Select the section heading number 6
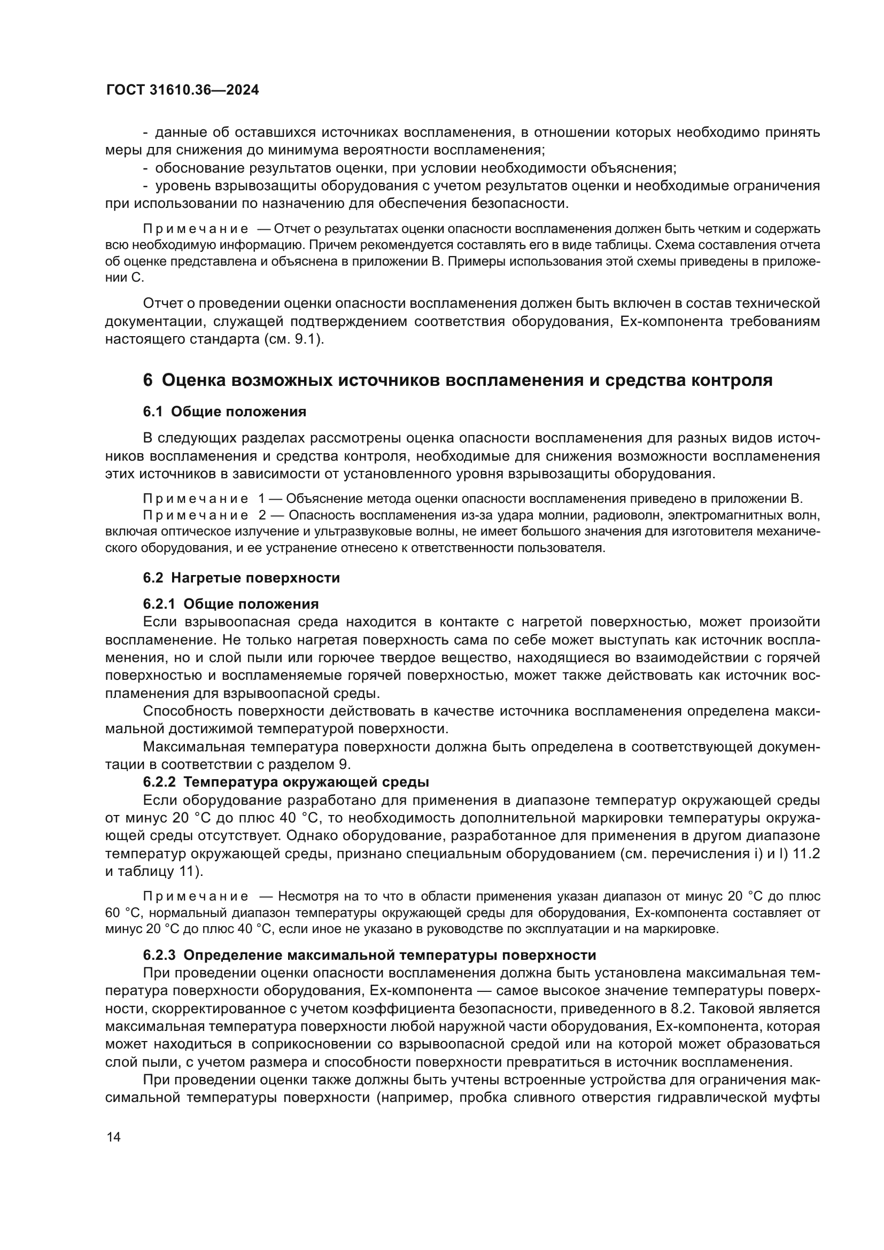pos(148,381)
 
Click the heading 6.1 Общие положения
pos(224,412)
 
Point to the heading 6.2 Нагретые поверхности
pos(241,578)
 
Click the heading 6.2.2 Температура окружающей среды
pos(286,782)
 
